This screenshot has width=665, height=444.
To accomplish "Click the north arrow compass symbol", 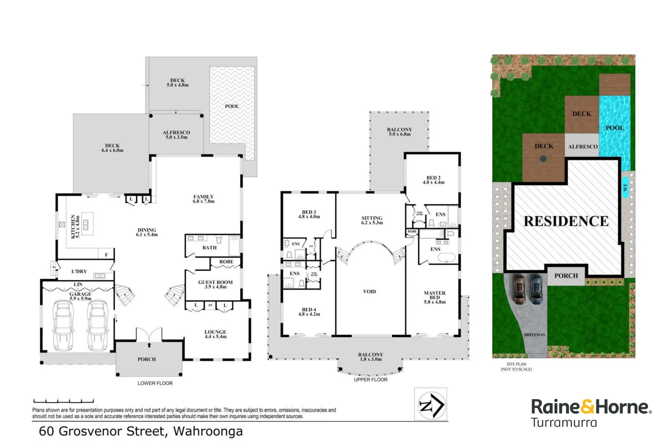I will tap(430, 404).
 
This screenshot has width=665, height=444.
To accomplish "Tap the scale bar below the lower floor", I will tap(64, 400).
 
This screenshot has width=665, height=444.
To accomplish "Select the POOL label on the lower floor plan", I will tap(232, 106).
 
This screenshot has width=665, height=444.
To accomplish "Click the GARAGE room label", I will tap(80, 294).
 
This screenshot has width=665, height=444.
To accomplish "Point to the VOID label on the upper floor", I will tap(369, 291).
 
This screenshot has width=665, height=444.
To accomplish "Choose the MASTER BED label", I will tap(435, 296).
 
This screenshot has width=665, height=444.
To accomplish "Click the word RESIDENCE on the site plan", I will tap(566, 221).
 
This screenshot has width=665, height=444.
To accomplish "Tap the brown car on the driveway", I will tap(520, 289).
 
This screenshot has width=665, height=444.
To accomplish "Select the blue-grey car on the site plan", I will tap(537, 289).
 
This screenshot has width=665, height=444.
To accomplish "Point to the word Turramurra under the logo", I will tap(564, 423).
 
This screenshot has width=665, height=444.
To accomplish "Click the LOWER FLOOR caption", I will tap(155, 383).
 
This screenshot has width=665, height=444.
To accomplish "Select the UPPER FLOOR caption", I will tap(371, 379).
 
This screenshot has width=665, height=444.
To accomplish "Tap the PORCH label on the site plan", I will tap(566, 276).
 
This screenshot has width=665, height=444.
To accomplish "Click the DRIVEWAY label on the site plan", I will tap(535, 335).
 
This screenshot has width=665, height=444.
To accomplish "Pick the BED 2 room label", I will tap(433, 178).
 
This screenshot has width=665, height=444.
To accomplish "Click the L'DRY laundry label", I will tap(79, 271).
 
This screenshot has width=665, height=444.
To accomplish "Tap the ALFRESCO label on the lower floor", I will tap(177, 133).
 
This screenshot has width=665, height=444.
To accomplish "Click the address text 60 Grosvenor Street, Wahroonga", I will tap(141, 431).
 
